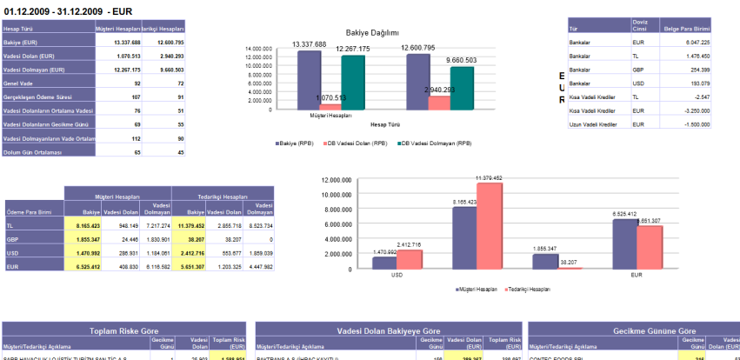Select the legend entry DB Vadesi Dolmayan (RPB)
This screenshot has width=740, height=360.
click(435, 143)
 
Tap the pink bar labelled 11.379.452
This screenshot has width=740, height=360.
click(490, 225)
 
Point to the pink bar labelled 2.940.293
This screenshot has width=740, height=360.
click(438, 102)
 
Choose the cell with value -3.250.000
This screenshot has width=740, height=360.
click(692, 111)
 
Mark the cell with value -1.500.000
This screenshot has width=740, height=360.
click(692, 125)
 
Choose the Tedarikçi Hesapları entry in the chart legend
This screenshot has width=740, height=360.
click(530, 288)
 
